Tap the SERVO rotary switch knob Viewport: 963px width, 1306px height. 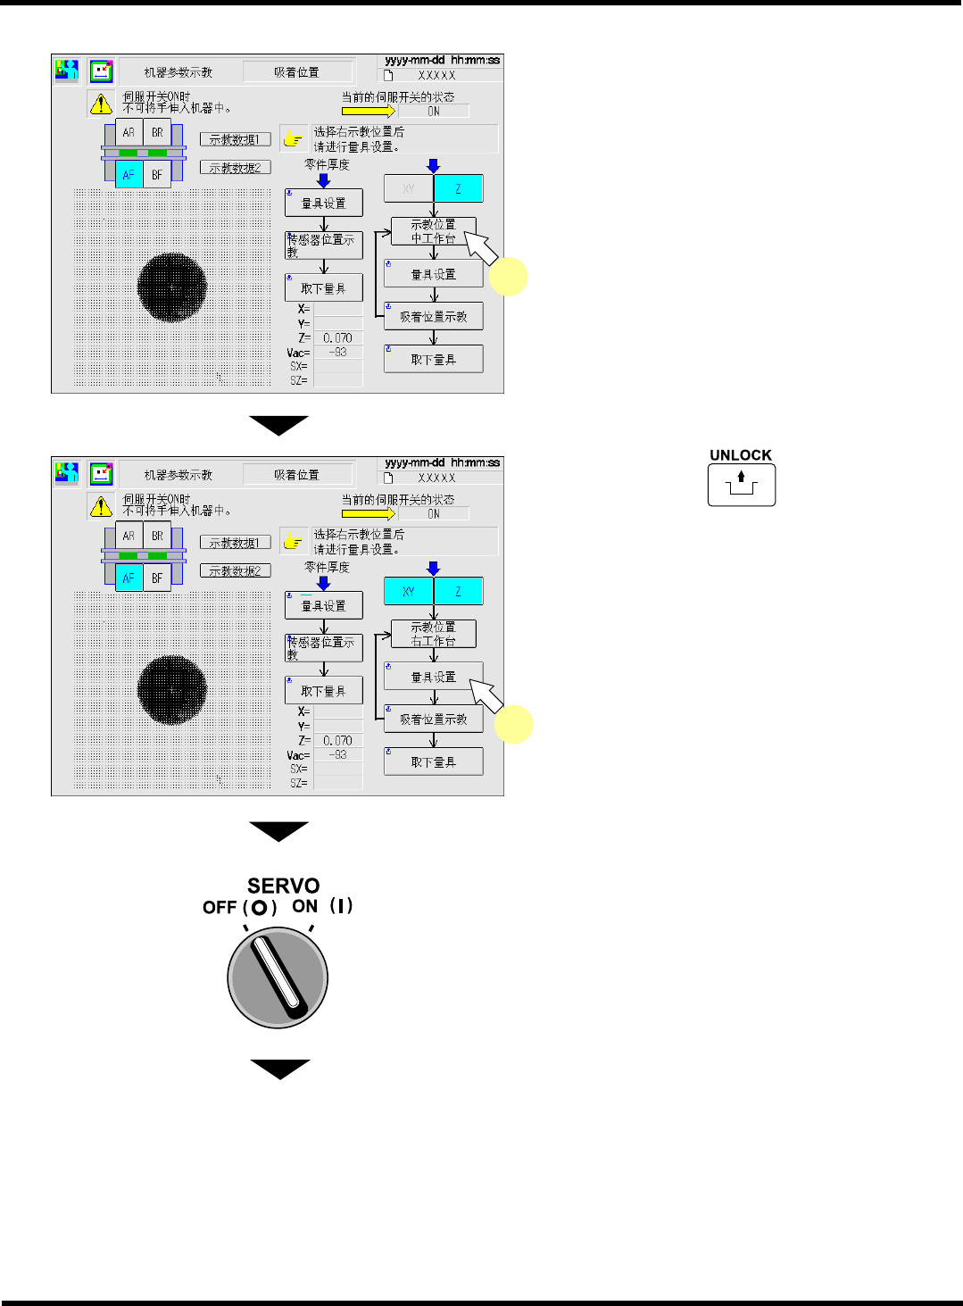278,977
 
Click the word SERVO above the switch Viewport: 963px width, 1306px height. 283,886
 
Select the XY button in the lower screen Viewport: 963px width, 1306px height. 408,591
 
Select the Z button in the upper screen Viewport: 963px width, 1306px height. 458,188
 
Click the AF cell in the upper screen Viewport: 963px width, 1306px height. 129,174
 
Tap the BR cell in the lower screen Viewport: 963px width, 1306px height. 157,536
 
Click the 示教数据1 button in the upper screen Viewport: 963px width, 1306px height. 235,139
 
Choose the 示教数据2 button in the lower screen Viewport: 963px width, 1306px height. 235,570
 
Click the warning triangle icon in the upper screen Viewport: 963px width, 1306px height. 101,104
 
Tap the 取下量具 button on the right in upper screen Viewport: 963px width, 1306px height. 433,359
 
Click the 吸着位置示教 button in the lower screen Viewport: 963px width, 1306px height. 433,719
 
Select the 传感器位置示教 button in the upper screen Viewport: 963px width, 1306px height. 323,245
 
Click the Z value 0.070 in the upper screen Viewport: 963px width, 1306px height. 337,337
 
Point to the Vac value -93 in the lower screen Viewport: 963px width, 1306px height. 337,754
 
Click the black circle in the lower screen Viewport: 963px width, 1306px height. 172,689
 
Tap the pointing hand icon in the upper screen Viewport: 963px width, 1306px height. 293,139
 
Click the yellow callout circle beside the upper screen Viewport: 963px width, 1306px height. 511,277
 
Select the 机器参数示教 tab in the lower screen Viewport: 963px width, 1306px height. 178,475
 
